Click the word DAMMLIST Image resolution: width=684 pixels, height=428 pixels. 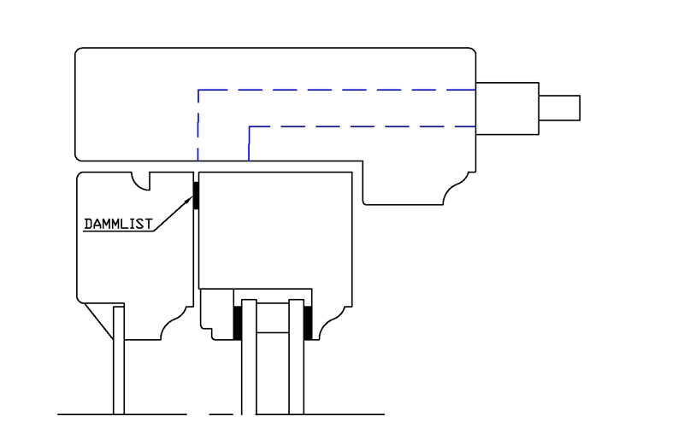(x=118, y=225)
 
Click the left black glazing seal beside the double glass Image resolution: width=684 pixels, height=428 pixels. (x=238, y=322)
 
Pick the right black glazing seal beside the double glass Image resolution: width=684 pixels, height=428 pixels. (x=308, y=322)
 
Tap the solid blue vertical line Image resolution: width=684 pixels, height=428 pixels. (x=249, y=144)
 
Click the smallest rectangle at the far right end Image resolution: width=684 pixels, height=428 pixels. (x=559, y=108)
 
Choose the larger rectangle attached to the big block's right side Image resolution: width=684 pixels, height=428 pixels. (x=507, y=108)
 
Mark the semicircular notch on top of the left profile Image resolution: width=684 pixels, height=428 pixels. (x=141, y=179)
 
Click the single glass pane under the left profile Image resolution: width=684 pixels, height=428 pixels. (x=119, y=367)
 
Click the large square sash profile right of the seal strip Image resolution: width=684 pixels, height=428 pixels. (x=274, y=231)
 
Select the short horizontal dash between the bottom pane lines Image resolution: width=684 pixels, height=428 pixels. (x=221, y=414)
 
